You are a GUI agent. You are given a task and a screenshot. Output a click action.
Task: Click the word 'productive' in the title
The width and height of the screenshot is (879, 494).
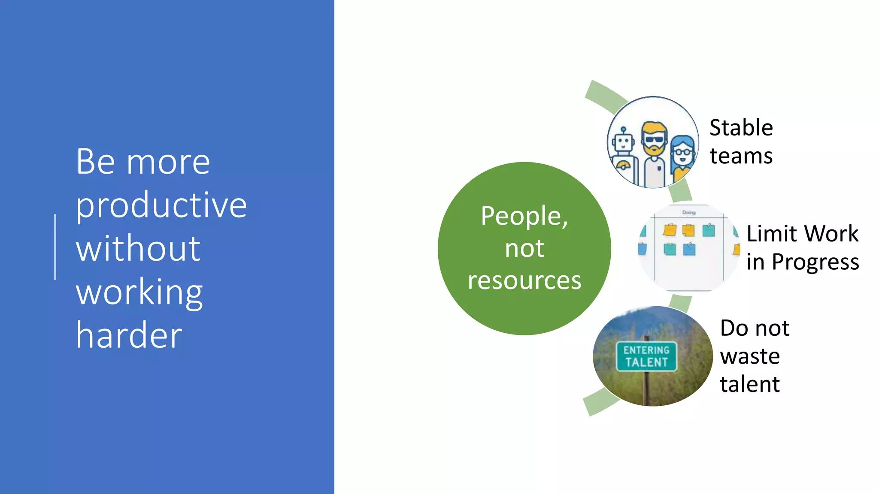pos(161,205)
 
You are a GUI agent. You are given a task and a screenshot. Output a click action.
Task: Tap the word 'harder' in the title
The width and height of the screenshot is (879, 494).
pos(129,335)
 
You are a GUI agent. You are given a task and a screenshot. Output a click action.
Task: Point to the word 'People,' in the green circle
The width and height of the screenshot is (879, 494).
pos(524,216)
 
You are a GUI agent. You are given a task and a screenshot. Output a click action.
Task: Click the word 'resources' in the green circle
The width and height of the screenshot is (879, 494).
pos(524,281)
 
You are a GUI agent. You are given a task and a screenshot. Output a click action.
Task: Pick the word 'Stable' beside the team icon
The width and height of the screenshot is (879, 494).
pos(741,128)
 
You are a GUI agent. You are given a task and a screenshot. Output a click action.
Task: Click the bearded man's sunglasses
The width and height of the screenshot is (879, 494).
pos(654,139)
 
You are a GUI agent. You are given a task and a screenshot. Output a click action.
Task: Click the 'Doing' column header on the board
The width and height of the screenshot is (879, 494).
pos(688,212)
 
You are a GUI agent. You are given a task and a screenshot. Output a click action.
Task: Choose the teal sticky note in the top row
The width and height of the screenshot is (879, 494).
pos(709,230)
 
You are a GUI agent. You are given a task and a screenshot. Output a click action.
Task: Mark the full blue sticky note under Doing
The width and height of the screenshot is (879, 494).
pos(689,249)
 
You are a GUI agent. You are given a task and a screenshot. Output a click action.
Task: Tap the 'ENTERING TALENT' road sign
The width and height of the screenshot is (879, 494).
pos(646,356)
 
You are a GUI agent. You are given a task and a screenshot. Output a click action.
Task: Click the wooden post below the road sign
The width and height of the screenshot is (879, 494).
pos(646,388)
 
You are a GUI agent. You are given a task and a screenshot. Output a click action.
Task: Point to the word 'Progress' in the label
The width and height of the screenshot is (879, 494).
pos(815,262)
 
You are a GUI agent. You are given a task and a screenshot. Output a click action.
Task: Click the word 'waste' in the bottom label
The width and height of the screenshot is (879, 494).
pos(749,356)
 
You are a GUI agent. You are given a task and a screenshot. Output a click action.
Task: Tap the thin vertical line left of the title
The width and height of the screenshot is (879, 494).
pos(55,247)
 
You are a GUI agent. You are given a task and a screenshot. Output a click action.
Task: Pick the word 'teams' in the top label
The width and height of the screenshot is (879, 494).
pos(741,156)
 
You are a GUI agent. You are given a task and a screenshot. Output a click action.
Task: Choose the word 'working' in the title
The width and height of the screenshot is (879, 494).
pos(139,292)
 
